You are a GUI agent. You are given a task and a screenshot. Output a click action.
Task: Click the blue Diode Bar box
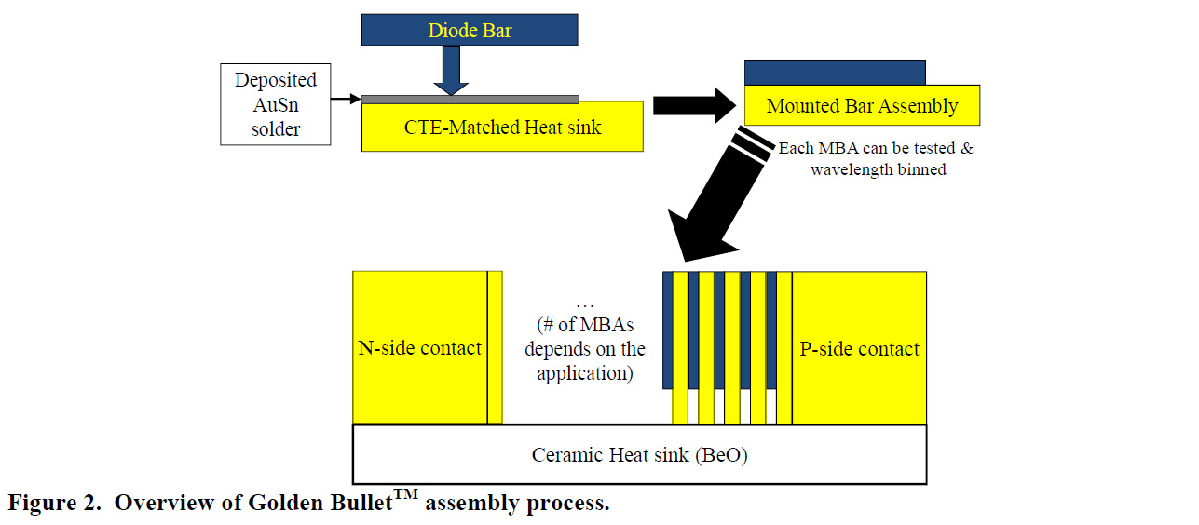click(470, 30)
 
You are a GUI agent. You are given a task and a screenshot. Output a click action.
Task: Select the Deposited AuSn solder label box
click(275, 104)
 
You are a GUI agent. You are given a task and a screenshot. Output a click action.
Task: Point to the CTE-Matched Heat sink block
click(502, 128)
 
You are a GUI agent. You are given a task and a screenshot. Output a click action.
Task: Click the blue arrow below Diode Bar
click(452, 70)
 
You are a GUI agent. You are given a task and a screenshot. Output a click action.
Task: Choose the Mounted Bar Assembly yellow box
click(862, 106)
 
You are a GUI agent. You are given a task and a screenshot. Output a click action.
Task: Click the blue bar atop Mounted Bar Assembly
click(835, 73)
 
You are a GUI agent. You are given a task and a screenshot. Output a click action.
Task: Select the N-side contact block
click(419, 348)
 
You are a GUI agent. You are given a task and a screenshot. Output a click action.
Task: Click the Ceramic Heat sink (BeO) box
click(639, 455)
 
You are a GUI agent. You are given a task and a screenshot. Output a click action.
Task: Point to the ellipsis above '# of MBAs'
click(585, 304)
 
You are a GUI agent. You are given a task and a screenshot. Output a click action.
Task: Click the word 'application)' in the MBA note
click(585, 373)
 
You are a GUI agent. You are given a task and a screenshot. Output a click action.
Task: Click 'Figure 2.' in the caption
click(56, 504)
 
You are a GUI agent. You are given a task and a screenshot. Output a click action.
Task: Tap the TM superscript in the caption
click(406, 495)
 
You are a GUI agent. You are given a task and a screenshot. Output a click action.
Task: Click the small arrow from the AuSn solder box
click(346, 99)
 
